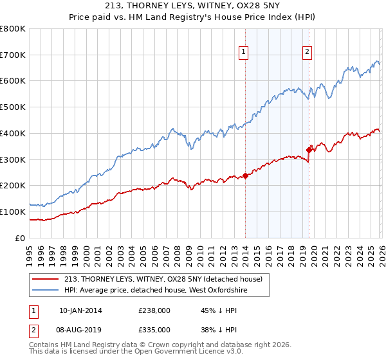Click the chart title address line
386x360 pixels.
[193, 6]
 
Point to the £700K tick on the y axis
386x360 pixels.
[14, 55]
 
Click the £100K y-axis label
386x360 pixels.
[14, 212]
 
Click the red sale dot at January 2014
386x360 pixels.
[245, 175]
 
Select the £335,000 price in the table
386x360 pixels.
[154, 329]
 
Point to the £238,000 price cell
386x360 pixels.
[154, 310]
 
